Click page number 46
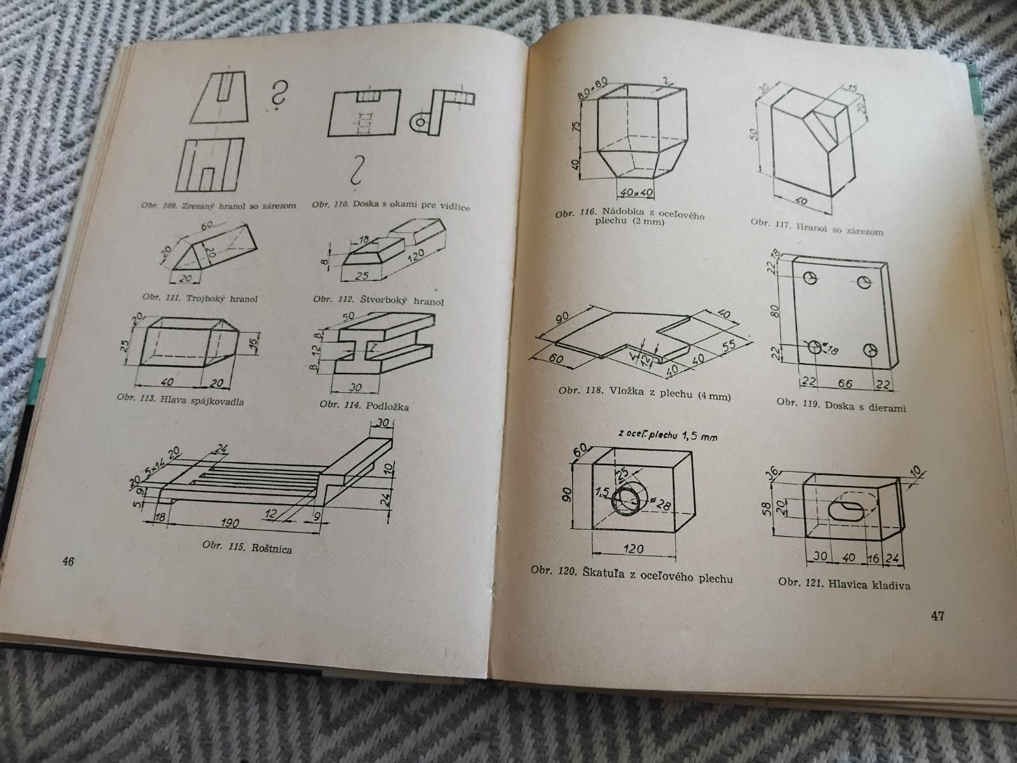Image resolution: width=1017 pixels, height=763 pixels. coord(68,562)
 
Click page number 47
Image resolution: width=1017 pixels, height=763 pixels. coord(938,616)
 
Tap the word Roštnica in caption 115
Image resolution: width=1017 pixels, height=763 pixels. coord(271,549)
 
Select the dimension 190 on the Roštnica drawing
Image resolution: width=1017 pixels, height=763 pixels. coord(229,523)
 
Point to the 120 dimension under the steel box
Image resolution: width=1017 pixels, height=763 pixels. coord(633,549)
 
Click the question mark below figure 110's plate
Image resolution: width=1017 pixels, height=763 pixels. coord(358,172)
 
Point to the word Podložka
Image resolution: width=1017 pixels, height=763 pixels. coord(387,406)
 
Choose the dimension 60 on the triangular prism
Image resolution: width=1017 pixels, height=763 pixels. coord(207,226)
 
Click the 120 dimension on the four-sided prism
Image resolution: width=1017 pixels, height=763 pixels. coord(416,256)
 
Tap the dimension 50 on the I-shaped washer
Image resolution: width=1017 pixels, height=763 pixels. coord(348,317)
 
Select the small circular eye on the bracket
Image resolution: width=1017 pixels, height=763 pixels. coord(420,122)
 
